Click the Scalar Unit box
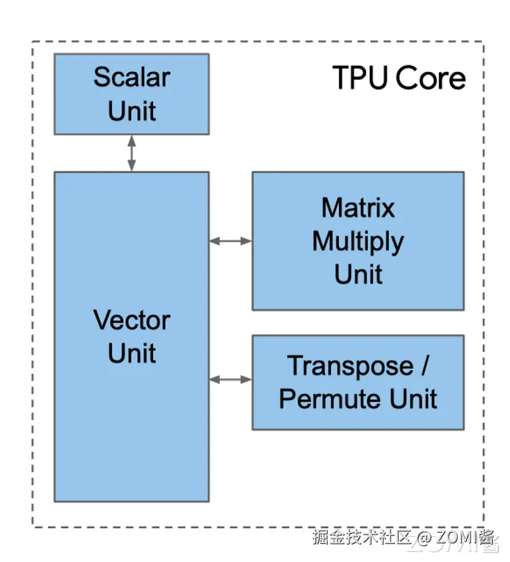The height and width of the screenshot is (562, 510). pyautogui.click(x=131, y=94)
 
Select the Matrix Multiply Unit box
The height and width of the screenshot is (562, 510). pyautogui.click(x=358, y=241)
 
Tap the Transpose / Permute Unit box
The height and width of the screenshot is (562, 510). pyautogui.click(x=358, y=382)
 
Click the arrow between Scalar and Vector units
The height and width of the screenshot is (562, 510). pyautogui.click(x=131, y=153)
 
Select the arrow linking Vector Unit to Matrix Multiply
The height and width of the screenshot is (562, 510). pyautogui.click(x=230, y=241)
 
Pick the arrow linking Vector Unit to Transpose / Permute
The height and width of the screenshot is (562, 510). pyautogui.click(x=230, y=379)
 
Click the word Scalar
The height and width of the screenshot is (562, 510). pyautogui.click(x=131, y=77)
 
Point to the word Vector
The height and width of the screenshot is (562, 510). pyautogui.click(x=131, y=321)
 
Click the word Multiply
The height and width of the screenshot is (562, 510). pyautogui.click(x=358, y=241)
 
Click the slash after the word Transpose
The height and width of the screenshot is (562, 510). pyautogui.click(x=424, y=365)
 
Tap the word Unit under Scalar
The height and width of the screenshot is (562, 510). pyautogui.click(x=131, y=111)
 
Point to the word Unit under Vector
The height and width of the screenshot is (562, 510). pyautogui.click(x=131, y=353)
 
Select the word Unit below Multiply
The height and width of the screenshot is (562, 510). pyautogui.click(x=358, y=274)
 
